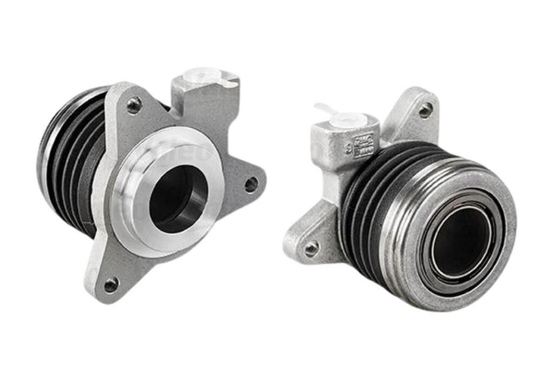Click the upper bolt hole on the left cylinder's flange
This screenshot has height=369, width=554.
click(134, 104)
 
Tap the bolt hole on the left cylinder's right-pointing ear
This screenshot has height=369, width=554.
click(251, 184)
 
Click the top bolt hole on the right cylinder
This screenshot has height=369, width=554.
click(426, 110)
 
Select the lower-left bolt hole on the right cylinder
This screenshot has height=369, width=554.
click(311, 248)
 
